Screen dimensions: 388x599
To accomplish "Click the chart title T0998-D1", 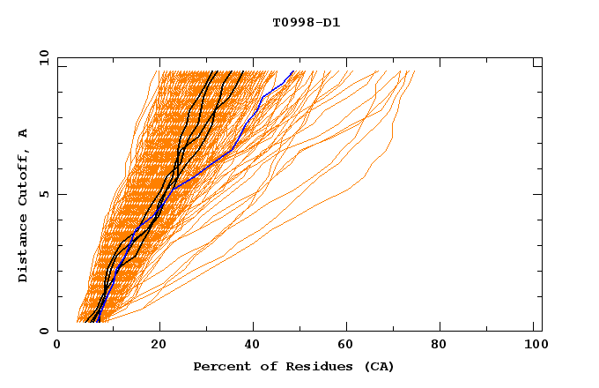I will coord(307,23).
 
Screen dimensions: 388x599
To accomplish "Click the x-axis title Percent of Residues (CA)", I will coord(293,366).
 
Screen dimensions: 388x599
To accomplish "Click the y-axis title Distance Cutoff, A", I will coord(23,205).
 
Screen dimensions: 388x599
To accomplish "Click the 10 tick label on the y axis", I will coord(43,57).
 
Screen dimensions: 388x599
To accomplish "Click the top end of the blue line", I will coord(293,71).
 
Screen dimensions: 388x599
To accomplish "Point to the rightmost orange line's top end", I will coord(414,71).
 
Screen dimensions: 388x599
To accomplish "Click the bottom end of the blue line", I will coord(99,322).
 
